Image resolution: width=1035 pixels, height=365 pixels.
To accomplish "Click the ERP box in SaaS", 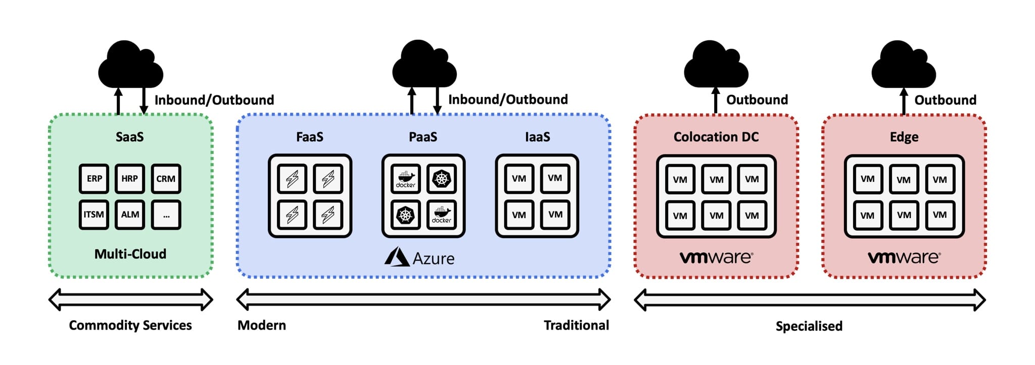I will pos(94,179).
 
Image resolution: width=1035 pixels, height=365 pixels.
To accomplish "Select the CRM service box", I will pos(166,179).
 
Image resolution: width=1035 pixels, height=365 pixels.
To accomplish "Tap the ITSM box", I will pos(94,215).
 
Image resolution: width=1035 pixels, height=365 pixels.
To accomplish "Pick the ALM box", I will pos(130,215).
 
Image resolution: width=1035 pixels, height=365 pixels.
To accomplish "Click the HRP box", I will pos(130,179).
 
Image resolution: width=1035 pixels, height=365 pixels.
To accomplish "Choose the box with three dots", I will pos(166,215).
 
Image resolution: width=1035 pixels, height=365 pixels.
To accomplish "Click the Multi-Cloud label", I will pos(130,254).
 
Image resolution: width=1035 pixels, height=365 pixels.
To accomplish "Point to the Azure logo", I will pos(397,257).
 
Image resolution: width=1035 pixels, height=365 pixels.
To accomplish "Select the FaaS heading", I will pos(309,137).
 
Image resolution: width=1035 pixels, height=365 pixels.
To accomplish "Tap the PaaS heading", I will pos(423,137).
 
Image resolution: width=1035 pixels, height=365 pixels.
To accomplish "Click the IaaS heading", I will pos(537,137).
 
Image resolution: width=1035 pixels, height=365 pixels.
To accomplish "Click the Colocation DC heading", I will pos(716,137).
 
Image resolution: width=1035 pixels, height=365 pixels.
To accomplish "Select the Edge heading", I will pos(904,137).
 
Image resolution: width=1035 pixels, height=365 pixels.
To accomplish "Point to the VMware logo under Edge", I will pos(904,257).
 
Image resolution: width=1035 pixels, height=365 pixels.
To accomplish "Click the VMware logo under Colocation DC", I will pos(716,257).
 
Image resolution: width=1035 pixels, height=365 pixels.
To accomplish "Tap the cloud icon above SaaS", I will pos(130,66).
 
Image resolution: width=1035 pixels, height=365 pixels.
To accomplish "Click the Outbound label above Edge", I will pos(945,100).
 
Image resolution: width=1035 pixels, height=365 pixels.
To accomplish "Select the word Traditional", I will pos(576,325).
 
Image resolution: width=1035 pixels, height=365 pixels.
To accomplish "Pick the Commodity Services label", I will pos(130,325).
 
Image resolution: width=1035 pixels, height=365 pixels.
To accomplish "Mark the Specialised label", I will pos(809,326).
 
